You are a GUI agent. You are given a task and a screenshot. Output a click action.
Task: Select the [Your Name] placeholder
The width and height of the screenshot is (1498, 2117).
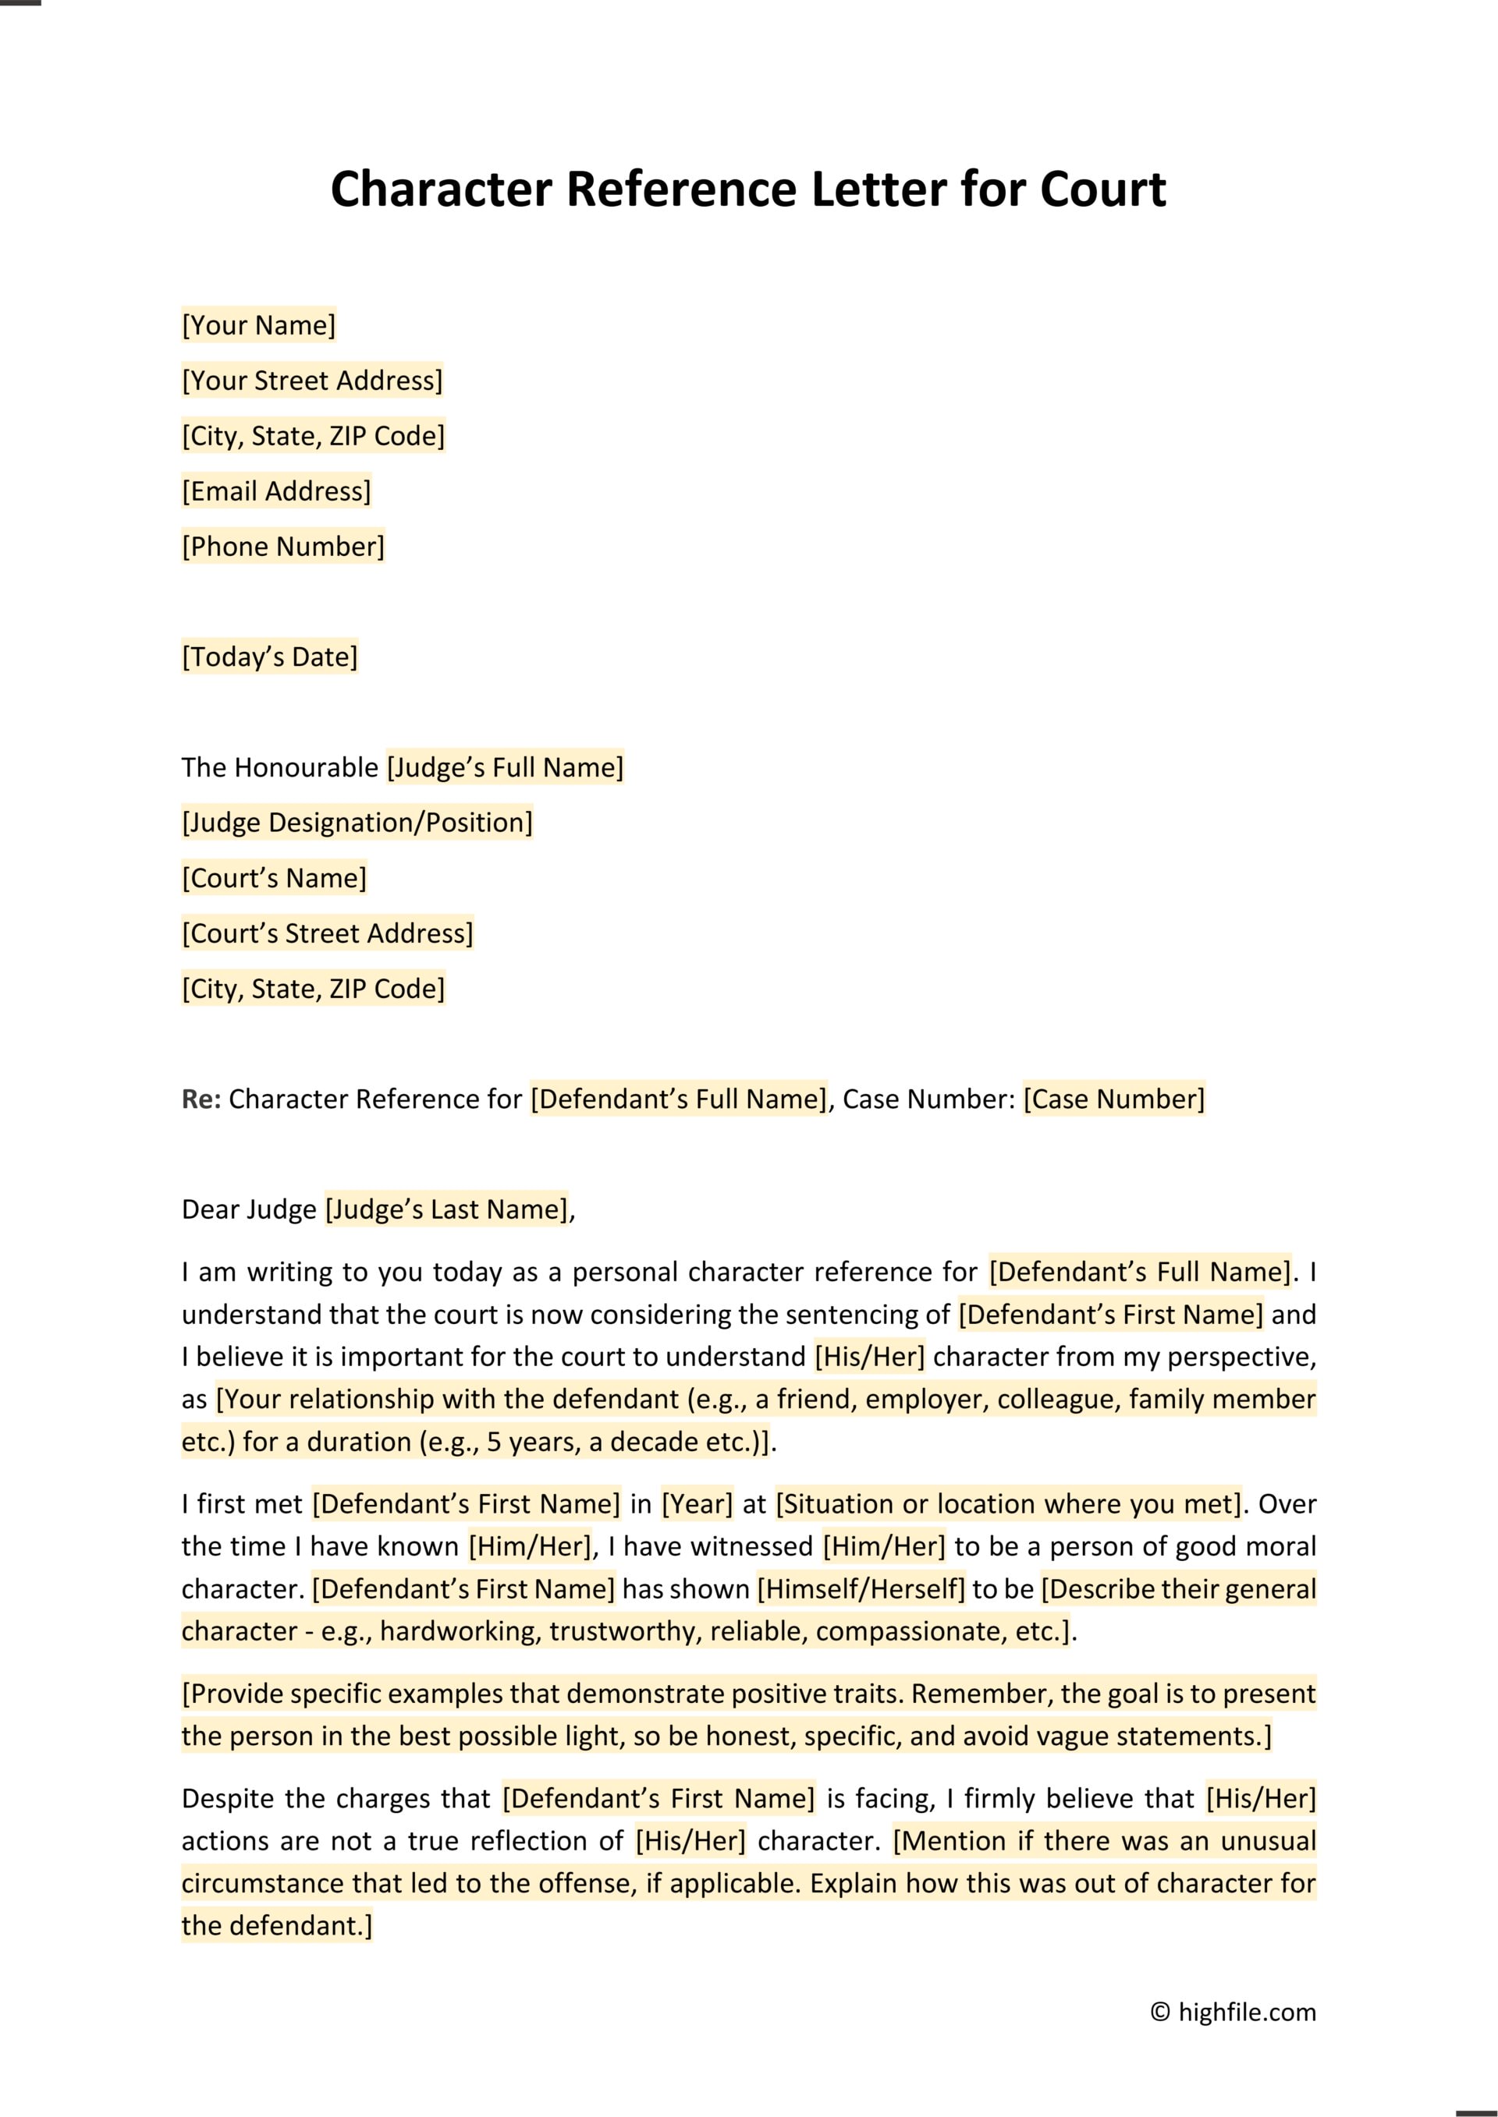259,325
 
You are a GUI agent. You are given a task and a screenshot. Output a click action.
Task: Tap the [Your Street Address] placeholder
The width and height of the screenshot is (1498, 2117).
313,381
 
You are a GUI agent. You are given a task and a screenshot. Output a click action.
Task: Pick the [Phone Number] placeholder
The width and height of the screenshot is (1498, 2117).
283,547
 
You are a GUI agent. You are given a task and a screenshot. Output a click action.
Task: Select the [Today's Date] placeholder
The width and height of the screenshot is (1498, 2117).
270,657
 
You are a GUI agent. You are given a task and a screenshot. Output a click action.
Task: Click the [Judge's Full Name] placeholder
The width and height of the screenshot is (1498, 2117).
506,768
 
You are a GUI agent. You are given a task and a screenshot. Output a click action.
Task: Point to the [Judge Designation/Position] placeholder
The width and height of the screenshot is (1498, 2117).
358,823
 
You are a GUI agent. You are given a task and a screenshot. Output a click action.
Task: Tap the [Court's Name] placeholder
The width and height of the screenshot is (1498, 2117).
275,879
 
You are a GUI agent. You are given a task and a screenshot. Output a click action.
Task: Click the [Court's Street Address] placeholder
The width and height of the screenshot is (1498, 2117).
328,934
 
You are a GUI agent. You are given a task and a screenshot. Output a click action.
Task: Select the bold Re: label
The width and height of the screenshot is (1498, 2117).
201,1100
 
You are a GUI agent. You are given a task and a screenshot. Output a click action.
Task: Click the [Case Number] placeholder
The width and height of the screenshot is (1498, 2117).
1113,1100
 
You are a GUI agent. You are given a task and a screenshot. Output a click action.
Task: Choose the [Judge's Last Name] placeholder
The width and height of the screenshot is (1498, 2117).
447,1209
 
